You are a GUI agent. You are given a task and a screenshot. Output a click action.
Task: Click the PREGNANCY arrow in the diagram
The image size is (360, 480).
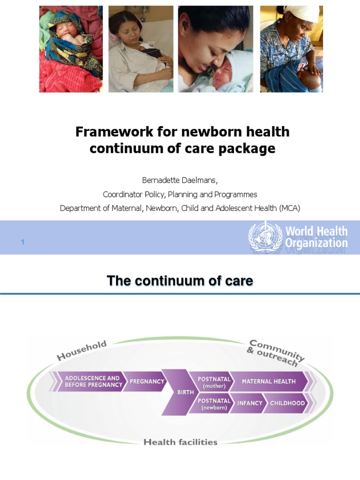[x=146, y=382]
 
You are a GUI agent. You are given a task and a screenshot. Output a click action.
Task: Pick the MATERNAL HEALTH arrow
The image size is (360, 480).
[x=269, y=382]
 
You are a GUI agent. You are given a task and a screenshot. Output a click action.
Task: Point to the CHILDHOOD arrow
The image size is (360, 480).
[x=287, y=404]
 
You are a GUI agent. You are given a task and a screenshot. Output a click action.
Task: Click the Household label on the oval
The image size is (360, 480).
[x=82, y=351]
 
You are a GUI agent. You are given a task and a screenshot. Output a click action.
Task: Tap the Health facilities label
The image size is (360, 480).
[x=180, y=442]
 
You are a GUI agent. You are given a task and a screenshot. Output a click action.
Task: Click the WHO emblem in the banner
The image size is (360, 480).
[x=265, y=237]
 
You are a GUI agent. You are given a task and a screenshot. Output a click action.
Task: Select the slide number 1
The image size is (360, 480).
[x=22, y=242]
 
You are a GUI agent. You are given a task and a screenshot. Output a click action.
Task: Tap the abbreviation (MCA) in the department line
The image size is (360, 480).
[x=290, y=208]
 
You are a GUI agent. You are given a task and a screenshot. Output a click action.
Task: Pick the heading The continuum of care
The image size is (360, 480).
[x=180, y=281]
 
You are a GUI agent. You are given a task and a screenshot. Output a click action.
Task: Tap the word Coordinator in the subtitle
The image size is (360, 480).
[x=123, y=194]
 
